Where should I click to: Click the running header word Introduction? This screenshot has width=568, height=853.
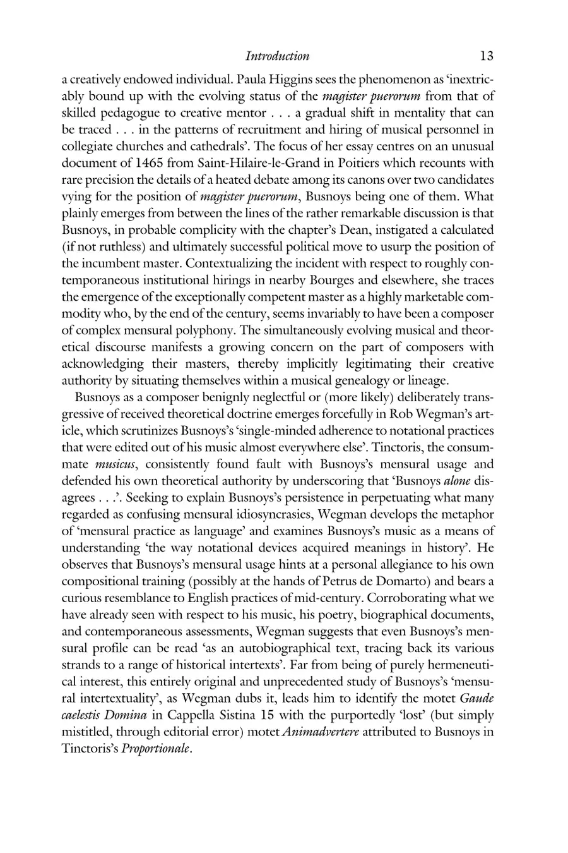pos(277,56)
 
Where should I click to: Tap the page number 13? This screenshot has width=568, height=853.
pos(486,56)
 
